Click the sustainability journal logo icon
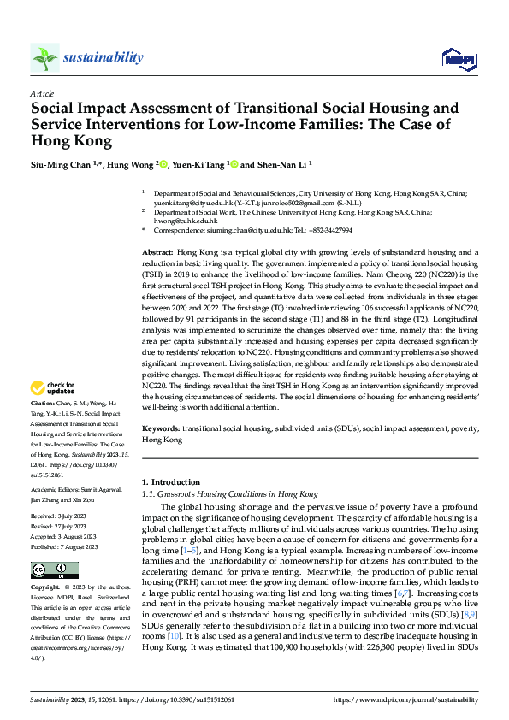(44, 57)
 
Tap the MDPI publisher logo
(453, 58)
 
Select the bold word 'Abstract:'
(157, 254)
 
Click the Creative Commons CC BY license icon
(54, 570)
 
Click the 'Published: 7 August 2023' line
(65, 546)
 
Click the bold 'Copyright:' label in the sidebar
(45, 588)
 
